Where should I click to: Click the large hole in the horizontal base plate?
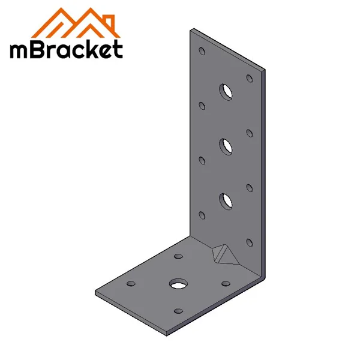178,283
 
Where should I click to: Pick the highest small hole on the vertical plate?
202,50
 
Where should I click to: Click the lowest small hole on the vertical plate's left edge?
202,214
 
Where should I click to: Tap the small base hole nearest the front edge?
178,310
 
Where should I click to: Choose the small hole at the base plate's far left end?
130,283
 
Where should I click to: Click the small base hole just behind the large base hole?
178,256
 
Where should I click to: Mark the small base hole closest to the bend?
226,283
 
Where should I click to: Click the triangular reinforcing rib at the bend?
224,254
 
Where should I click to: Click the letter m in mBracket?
22,50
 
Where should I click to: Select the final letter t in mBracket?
118,49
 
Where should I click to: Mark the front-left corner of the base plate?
96,294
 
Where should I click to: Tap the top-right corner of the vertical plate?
265,70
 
